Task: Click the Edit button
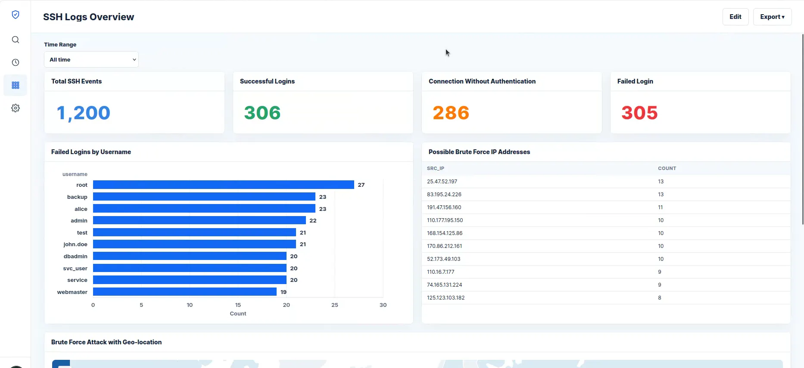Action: coord(735,17)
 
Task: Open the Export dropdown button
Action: coord(772,17)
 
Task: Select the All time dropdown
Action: coord(91,59)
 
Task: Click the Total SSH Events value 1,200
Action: coord(84,113)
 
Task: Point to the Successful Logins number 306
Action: coord(262,113)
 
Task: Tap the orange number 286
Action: coord(451,113)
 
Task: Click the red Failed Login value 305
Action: coord(639,113)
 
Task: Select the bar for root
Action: coord(224,185)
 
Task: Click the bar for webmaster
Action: coord(185,292)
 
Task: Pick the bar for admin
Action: coord(199,220)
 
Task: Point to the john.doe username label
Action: coord(75,244)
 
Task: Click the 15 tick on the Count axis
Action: coord(238,305)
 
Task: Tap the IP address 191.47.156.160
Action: coord(444,207)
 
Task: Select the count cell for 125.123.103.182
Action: coord(660,298)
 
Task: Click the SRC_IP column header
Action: coord(435,168)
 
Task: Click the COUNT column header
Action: coord(667,168)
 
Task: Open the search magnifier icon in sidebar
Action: coord(16,40)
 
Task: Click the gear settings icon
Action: coord(16,108)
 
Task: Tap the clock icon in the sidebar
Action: coord(16,62)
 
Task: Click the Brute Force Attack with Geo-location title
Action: coord(106,342)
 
